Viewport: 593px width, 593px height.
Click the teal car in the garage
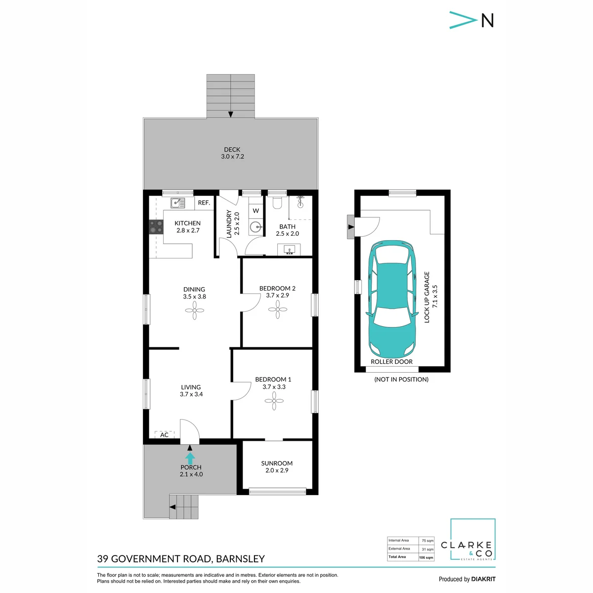[391, 299]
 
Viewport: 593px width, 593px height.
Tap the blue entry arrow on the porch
[190, 458]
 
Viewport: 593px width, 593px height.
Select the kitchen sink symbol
[178, 203]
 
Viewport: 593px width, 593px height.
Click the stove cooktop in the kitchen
[156, 227]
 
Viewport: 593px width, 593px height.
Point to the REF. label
[204, 203]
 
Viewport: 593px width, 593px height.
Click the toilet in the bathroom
[277, 203]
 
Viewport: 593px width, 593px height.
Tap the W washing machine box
[255, 211]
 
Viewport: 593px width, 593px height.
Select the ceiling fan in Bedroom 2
[278, 309]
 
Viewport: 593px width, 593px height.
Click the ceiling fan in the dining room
[195, 310]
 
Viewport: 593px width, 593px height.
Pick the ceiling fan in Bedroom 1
[274, 401]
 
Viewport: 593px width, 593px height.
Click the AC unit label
[165, 435]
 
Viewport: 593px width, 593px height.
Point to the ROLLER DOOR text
[391, 362]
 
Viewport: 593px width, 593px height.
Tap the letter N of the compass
[487, 20]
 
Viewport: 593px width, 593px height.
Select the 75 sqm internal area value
[428, 550]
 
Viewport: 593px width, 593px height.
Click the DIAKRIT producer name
[483, 579]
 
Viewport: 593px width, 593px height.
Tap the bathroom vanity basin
[289, 250]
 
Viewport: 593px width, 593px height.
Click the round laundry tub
[255, 227]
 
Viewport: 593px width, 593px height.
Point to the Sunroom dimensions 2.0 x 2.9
[277, 470]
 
